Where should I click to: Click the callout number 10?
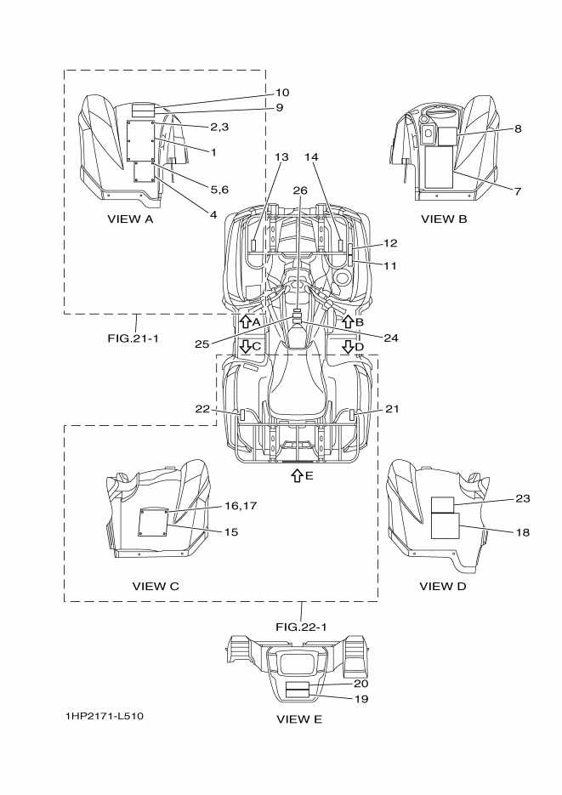pyautogui.click(x=282, y=93)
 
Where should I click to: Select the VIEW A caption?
pyautogui.click(x=130, y=219)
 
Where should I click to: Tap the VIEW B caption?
pyautogui.click(x=444, y=219)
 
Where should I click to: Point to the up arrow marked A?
pyautogui.click(x=245, y=321)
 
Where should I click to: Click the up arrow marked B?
pyautogui.click(x=348, y=321)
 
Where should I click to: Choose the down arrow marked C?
pyautogui.click(x=245, y=347)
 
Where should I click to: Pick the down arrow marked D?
pyautogui.click(x=348, y=347)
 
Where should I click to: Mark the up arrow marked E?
pyautogui.click(x=297, y=475)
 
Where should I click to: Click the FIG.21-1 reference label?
pyautogui.click(x=133, y=338)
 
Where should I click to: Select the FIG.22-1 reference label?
pyautogui.click(x=301, y=627)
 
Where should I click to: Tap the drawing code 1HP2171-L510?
pyautogui.click(x=105, y=716)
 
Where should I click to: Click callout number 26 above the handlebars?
pyautogui.click(x=300, y=190)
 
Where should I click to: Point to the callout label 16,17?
pyautogui.click(x=241, y=506)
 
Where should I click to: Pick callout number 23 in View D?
pyautogui.click(x=523, y=498)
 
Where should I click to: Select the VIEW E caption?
pyautogui.click(x=299, y=719)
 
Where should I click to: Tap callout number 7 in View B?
pyautogui.click(x=518, y=191)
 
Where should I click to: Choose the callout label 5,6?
pyautogui.click(x=219, y=190)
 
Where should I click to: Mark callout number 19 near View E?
pyautogui.click(x=360, y=699)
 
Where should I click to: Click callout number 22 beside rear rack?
pyautogui.click(x=202, y=409)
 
